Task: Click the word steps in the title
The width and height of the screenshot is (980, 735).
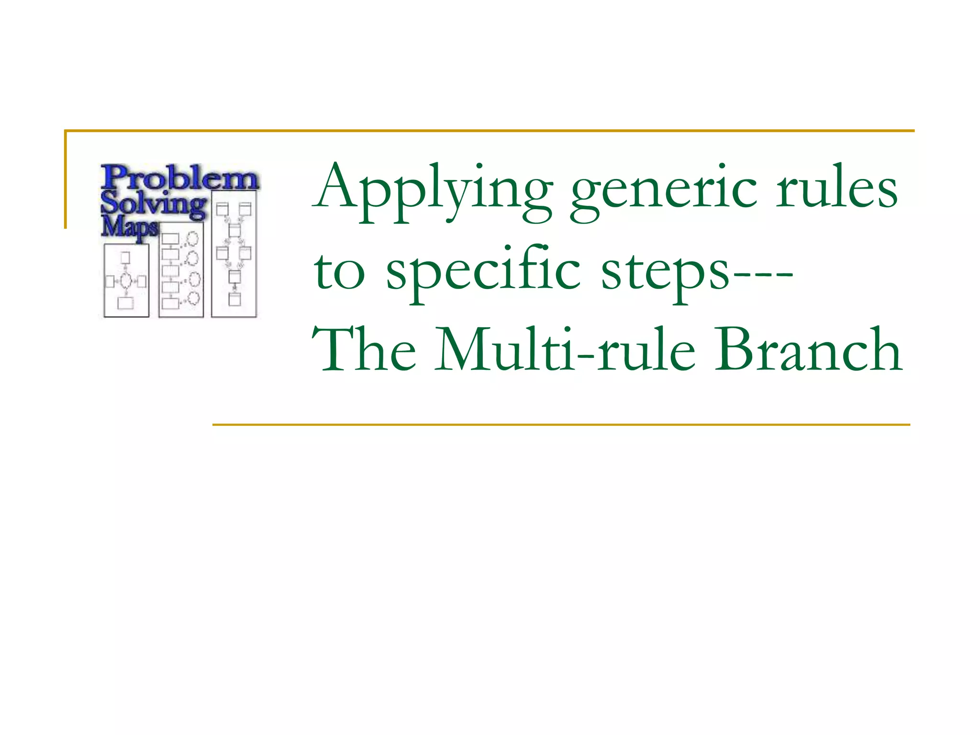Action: click(665, 273)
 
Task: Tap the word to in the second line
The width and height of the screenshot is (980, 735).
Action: click(340, 273)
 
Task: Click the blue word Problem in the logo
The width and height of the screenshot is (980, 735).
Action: click(179, 178)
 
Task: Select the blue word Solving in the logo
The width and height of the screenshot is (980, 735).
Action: click(153, 203)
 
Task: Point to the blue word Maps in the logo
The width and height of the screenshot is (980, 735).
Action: click(129, 227)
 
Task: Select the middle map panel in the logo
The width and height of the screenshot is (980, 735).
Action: click(181, 270)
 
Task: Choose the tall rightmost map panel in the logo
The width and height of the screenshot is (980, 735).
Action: click(234, 254)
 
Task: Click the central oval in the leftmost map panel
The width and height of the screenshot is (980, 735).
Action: click(125, 281)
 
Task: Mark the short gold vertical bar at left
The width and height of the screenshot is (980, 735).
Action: click(66, 179)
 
